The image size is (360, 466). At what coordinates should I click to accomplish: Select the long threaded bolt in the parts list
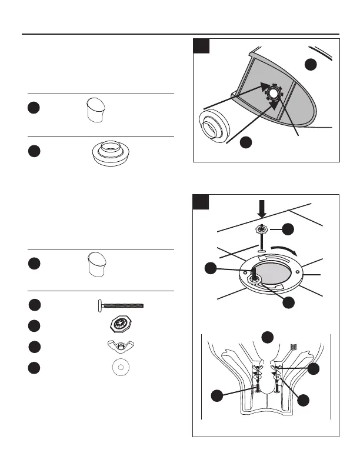[x=121, y=305]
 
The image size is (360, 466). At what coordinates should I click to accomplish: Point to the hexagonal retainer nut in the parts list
[x=121, y=325]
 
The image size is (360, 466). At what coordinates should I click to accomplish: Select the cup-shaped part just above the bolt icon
[x=94, y=266]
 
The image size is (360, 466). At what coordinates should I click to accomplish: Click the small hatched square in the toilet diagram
[x=295, y=348]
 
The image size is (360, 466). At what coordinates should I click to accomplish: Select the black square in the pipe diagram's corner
[x=202, y=48]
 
